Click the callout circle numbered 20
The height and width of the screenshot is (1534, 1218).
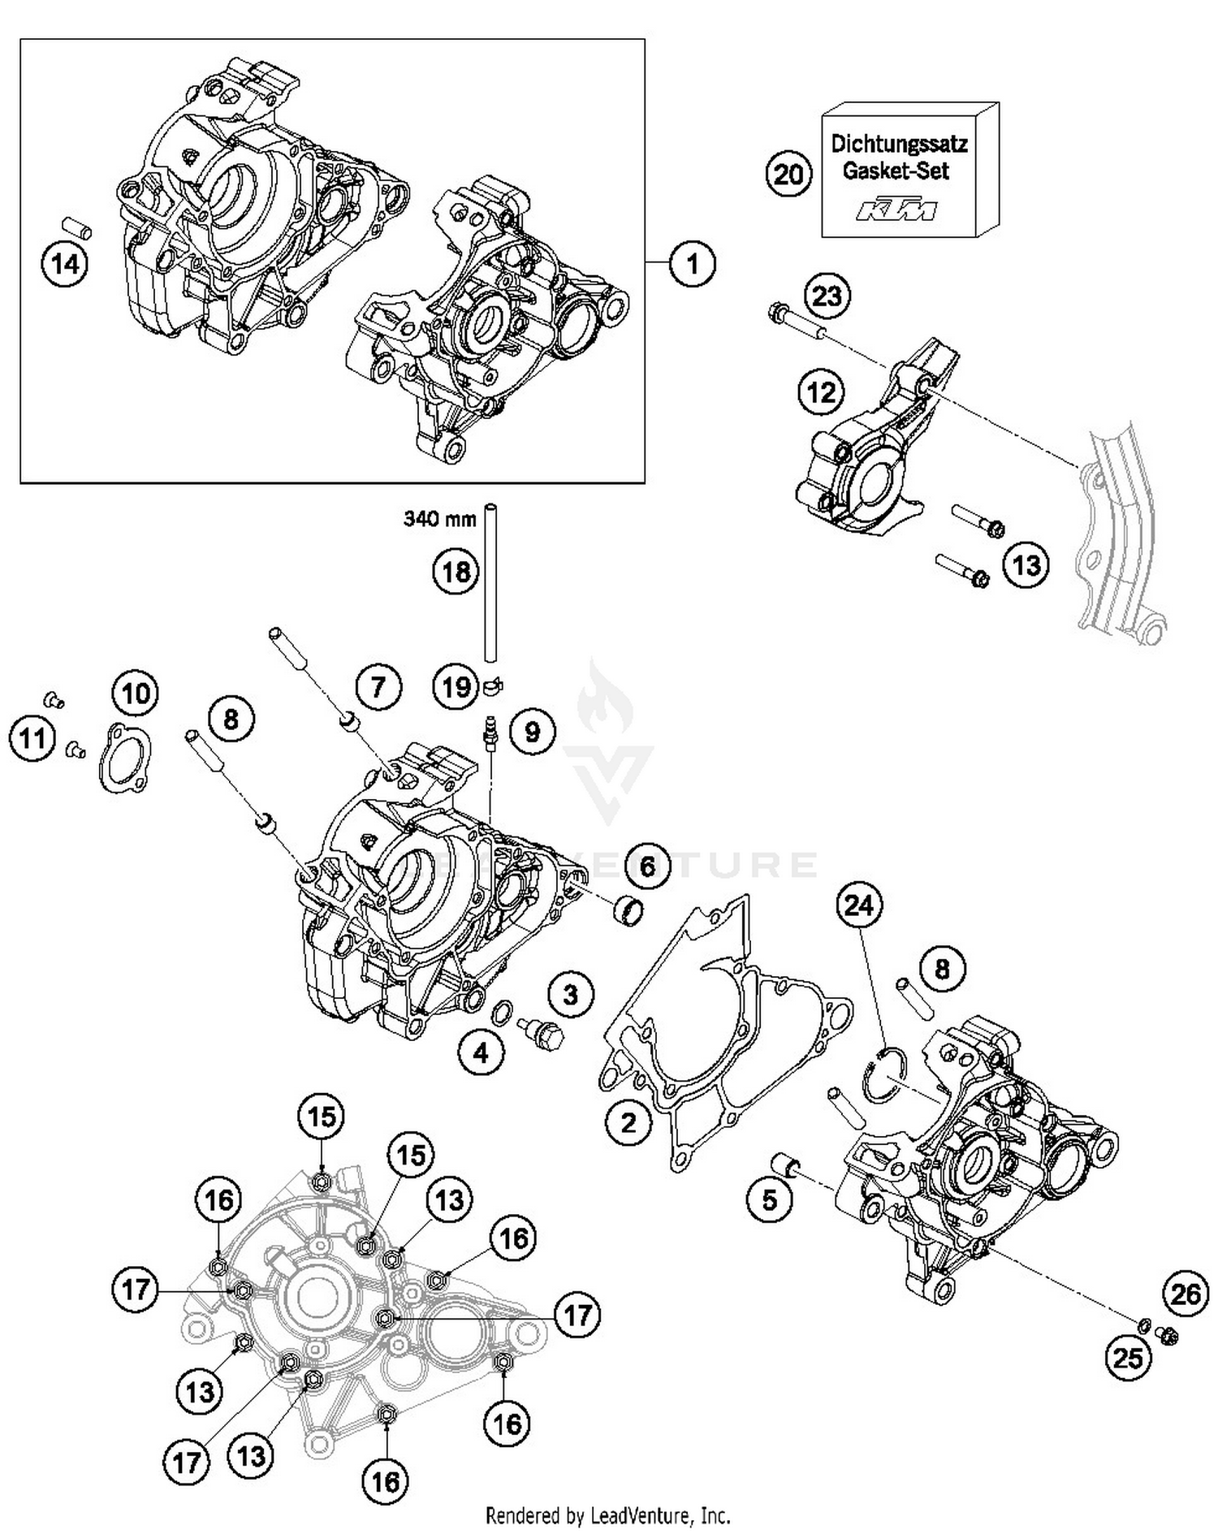point(788,174)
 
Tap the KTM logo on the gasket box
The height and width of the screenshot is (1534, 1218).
point(896,210)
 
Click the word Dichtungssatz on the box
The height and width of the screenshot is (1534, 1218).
point(899,145)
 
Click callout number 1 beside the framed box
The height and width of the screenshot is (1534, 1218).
point(693,263)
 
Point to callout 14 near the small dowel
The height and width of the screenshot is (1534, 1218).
point(66,264)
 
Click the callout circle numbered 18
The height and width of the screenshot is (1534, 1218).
point(456,572)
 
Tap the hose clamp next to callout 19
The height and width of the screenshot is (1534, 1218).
point(492,687)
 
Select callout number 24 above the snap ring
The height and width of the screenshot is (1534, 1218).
point(860,905)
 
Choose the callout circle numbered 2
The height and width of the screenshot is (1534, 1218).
point(628,1123)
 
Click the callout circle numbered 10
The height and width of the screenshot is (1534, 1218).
point(136,694)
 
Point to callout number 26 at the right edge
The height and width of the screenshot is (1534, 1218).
point(1186,1294)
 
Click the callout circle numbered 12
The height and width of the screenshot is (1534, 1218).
point(821,393)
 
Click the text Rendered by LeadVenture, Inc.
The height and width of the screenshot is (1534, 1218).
point(607,1515)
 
